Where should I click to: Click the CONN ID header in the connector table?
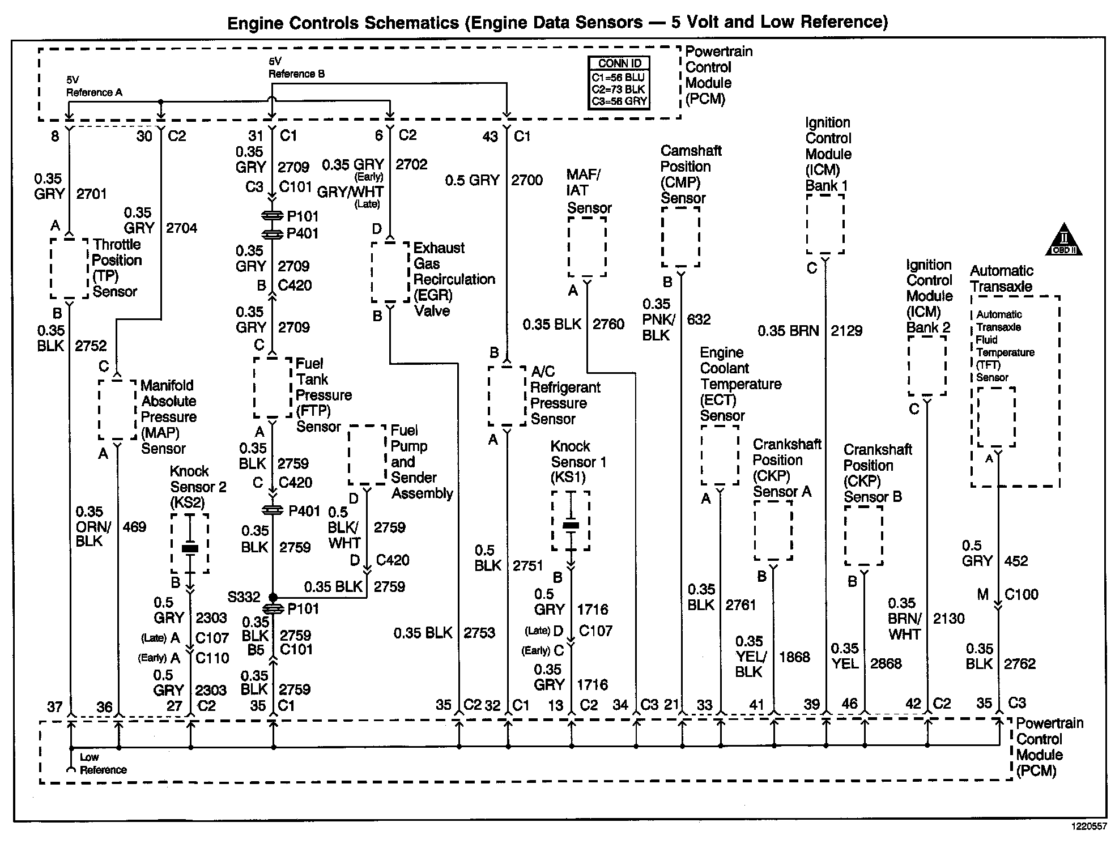click(x=619, y=63)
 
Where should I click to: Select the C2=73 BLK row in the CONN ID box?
click(x=619, y=90)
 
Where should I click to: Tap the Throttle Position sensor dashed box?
click(x=69, y=267)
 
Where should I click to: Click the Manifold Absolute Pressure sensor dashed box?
click(x=117, y=409)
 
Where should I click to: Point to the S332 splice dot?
click(x=273, y=597)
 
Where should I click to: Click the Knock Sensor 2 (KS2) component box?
click(x=190, y=543)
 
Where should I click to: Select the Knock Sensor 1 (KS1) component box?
click(x=571, y=521)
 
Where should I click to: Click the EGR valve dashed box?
click(x=390, y=272)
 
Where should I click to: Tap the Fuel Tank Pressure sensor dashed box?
click(x=273, y=387)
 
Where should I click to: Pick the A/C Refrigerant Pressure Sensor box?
click(x=507, y=396)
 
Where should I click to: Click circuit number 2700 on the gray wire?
click(x=526, y=181)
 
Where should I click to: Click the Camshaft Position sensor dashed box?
click(x=680, y=237)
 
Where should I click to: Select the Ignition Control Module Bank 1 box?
click(x=825, y=224)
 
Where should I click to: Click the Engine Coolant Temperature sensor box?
click(x=720, y=455)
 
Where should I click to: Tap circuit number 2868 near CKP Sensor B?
click(x=886, y=663)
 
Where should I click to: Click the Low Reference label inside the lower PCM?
click(x=103, y=764)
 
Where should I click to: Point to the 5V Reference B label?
click(x=296, y=67)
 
